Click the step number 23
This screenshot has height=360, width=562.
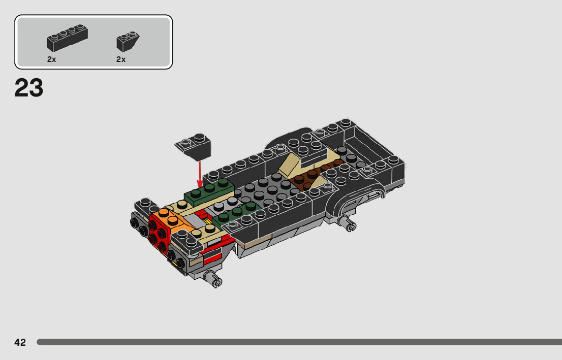[29, 88]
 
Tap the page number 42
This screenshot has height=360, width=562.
[20, 342]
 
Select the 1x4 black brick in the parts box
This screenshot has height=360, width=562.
[68, 38]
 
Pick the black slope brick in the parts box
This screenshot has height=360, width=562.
[127, 42]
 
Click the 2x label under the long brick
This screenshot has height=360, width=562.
[52, 59]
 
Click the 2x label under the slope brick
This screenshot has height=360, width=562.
[121, 59]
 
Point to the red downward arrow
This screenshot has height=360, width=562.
[200, 174]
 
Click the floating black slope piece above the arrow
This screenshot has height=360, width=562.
[193, 146]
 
